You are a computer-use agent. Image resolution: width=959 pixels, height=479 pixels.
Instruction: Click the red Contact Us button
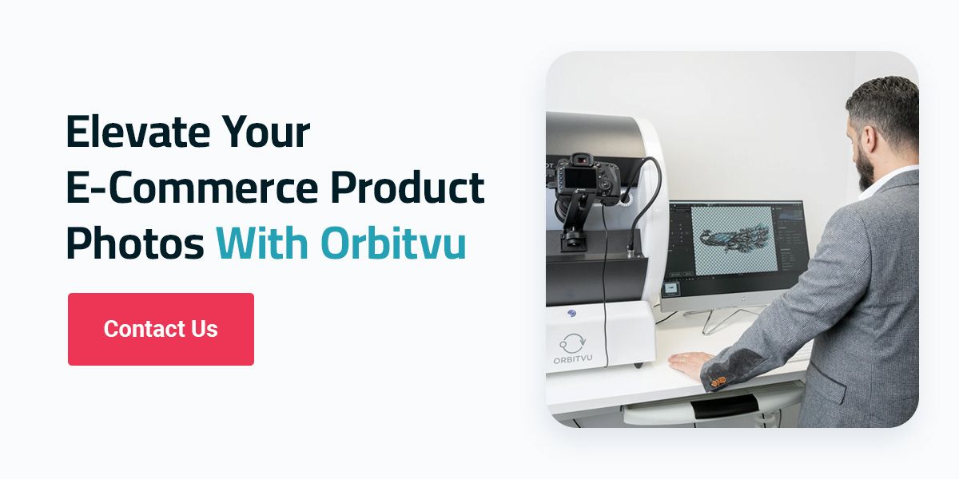(161, 329)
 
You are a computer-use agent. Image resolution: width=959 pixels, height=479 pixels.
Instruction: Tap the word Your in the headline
(265, 132)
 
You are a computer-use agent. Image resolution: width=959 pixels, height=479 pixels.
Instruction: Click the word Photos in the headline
(134, 243)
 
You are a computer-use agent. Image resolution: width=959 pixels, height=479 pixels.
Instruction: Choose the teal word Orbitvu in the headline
(393, 243)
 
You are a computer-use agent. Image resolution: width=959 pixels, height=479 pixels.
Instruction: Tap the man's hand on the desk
(689, 361)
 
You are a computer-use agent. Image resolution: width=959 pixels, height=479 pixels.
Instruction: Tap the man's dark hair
(887, 100)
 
